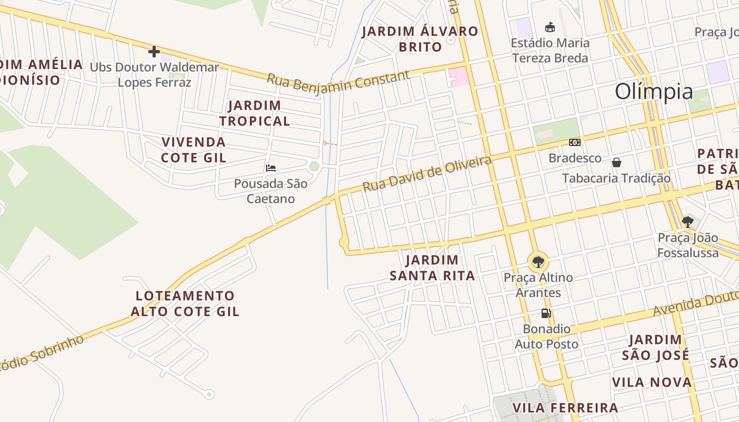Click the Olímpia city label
(653, 92)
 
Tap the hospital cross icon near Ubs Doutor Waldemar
(154, 52)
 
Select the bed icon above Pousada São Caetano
(271, 168)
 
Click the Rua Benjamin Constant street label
(338, 81)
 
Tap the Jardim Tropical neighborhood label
(255, 113)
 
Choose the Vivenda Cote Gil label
(194, 150)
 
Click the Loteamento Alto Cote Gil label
(185, 303)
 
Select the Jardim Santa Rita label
(432, 268)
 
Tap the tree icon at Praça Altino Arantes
(538, 261)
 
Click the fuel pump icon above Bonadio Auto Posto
(546, 313)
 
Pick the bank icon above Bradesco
(575, 142)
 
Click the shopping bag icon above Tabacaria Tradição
(616, 162)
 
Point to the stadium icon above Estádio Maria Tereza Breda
(549, 27)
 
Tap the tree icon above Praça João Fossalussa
(687, 222)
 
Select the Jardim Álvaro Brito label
(420, 39)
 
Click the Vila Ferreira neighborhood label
(565, 408)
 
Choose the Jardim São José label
(655, 347)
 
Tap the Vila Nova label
(651, 382)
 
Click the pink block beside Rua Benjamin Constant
(458, 77)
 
